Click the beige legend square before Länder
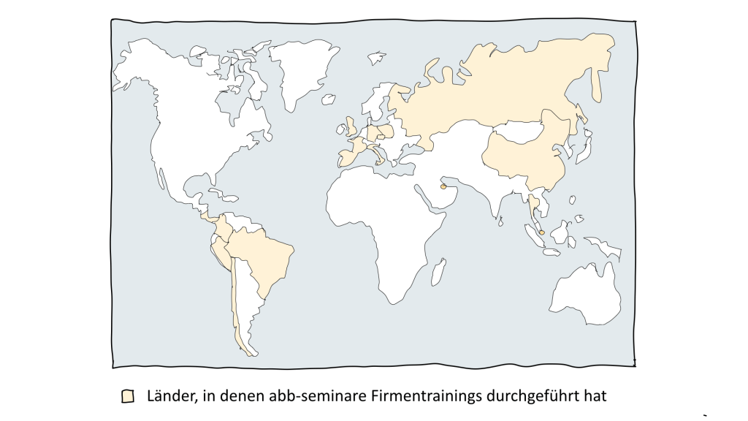(128, 396)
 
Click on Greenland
(301, 69)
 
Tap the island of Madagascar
(438, 273)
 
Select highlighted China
(526, 153)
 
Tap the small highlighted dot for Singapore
(542, 232)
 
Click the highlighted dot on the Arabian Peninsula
(443, 187)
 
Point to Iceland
(377, 56)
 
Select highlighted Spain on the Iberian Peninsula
(348, 156)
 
